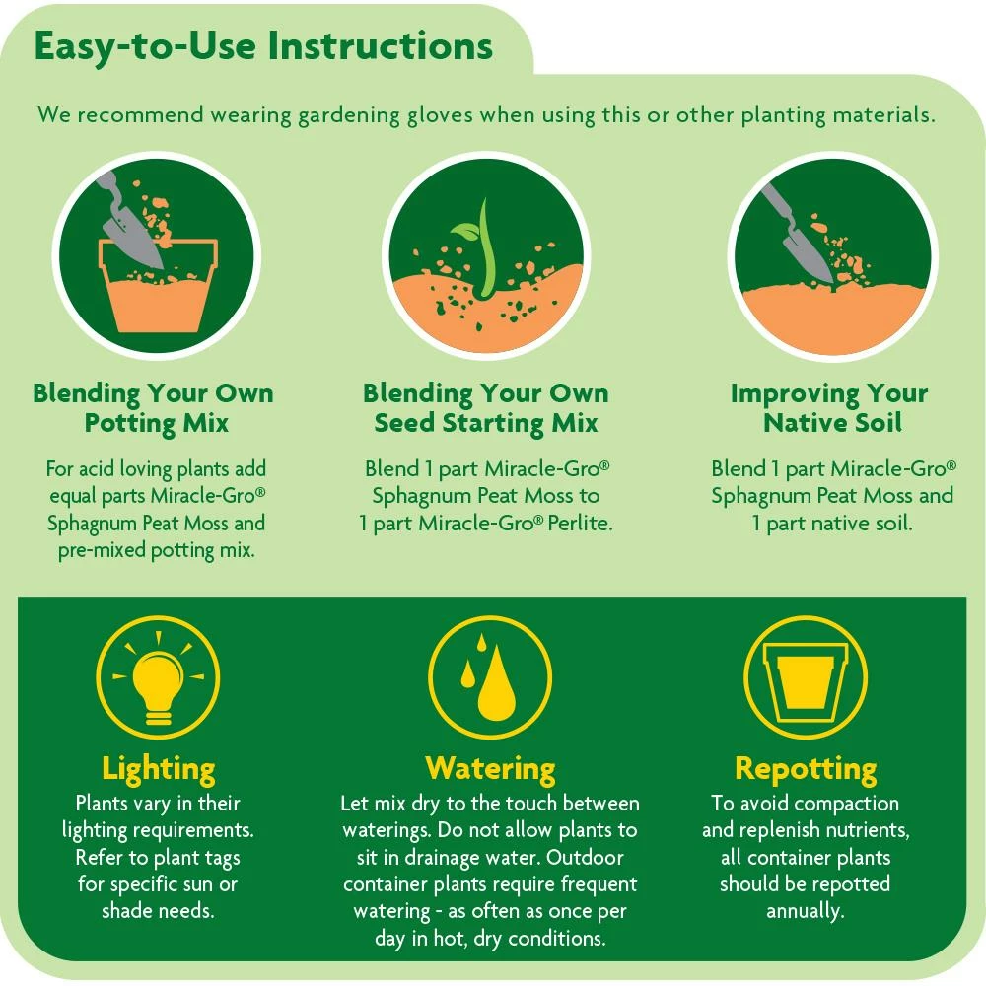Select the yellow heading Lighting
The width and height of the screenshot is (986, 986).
pyautogui.click(x=158, y=768)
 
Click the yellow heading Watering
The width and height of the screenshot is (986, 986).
pyautogui.click(x=490, y=768)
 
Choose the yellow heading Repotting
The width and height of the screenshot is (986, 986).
pyautogui.click(x=805, y=768)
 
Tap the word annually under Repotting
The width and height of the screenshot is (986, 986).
pyautogui.click(x=805, y=910)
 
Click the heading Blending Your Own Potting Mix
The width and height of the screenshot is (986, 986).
pyautogui.click(x=153, y=408)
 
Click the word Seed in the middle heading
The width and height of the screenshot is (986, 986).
pyautogui.click(x=406, y=424)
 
